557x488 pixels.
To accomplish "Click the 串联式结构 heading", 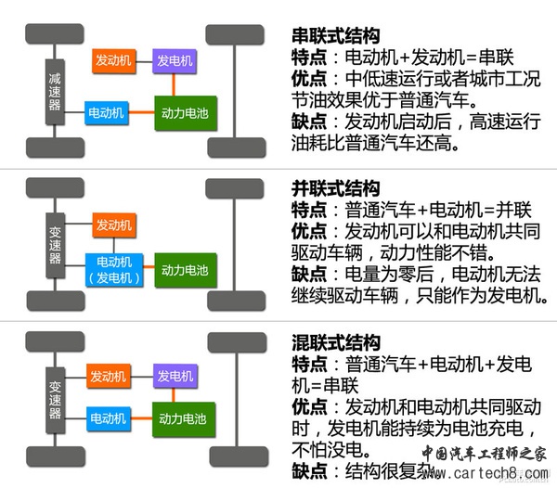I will click(x=336, y=36).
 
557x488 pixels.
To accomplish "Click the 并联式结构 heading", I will click(x=336, y=187).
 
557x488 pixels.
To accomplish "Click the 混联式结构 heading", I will click(x=336, y=343).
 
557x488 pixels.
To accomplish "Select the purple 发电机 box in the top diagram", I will click(x=175, y=61).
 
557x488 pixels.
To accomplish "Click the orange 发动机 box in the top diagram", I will click(x=114, y=61).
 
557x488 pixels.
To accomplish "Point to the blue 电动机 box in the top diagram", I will click(x=107, y=111).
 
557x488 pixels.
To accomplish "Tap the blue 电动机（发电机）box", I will click(x=113, y=270).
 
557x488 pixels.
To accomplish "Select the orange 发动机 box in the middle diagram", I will click(x=114, y=225).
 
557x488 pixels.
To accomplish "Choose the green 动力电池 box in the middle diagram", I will click(x=184, y=270).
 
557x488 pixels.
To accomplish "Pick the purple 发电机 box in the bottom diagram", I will click(x=175, y=376).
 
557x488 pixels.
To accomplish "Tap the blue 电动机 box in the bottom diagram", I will click(x=108, y=418).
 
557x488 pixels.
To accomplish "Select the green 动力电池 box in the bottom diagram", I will click(x=184, y=419).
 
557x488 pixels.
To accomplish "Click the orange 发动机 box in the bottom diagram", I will click(x=108, y=376).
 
